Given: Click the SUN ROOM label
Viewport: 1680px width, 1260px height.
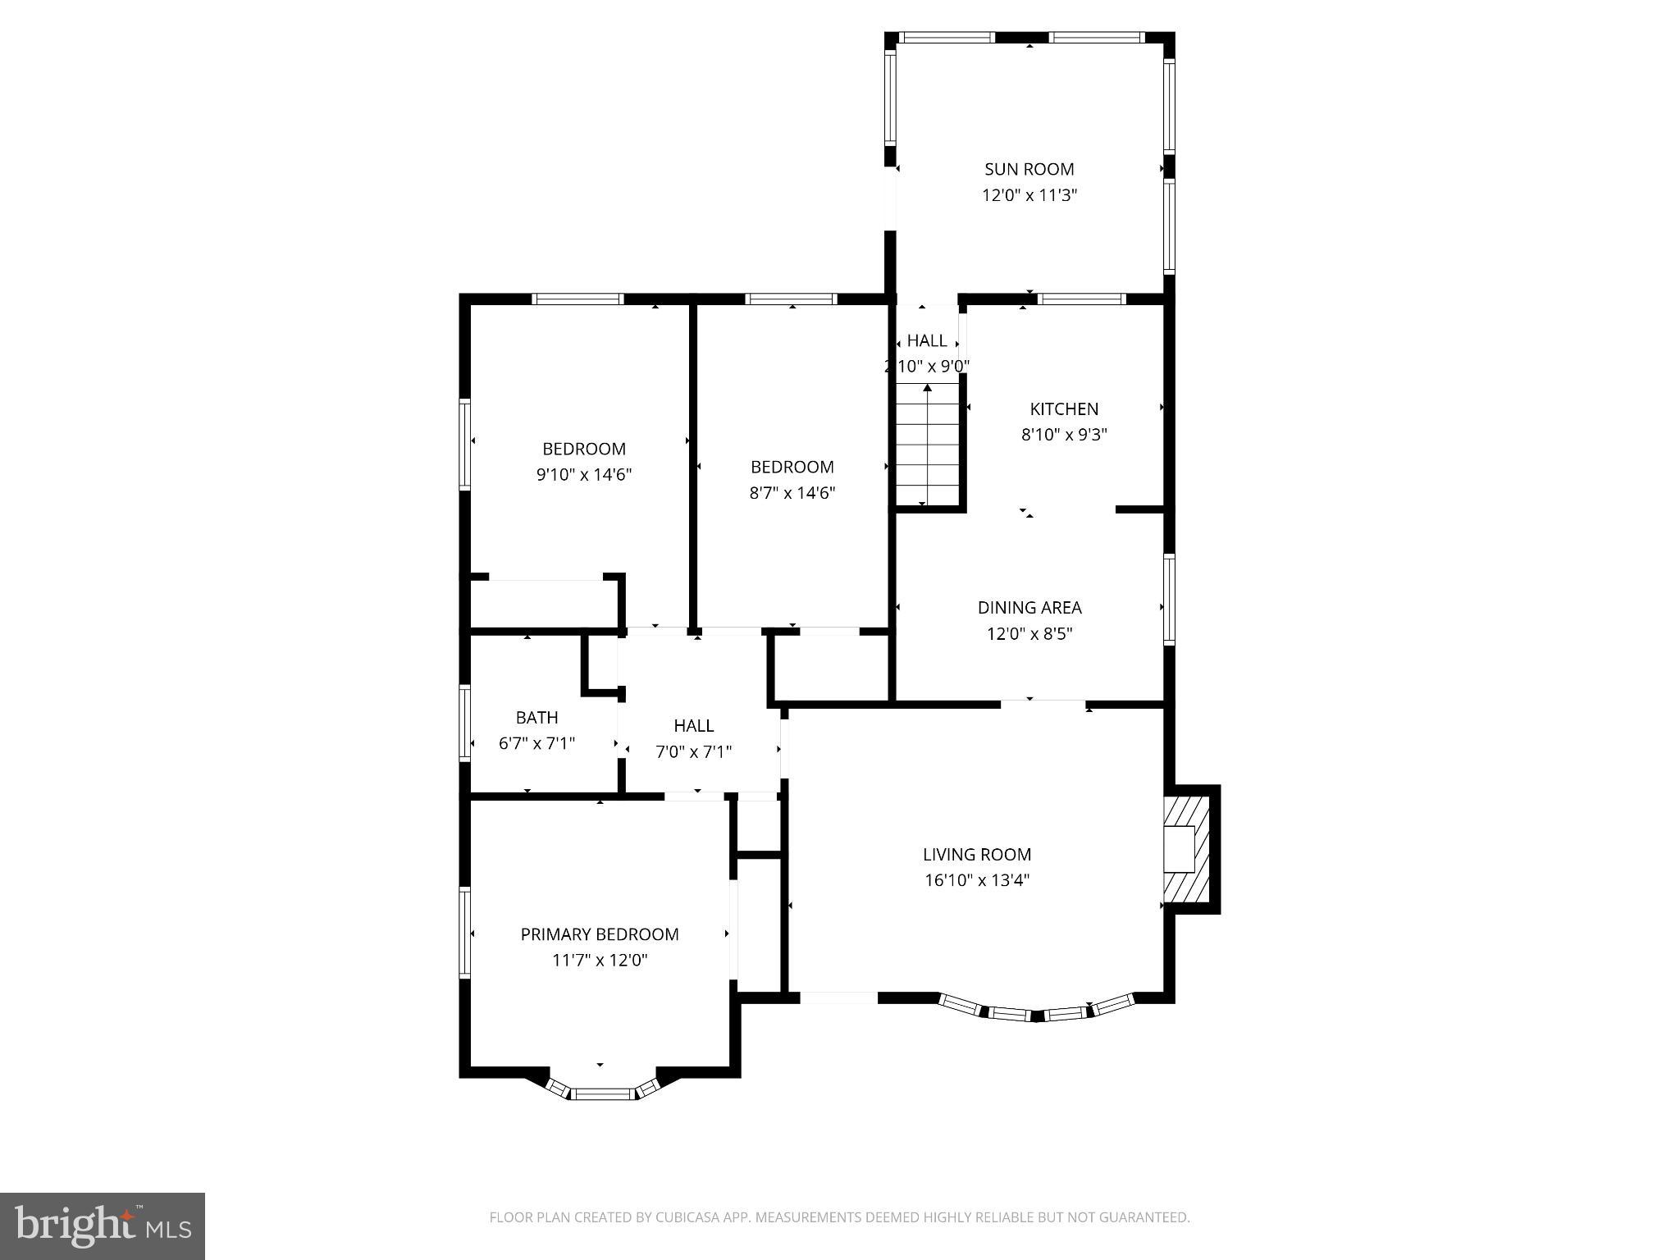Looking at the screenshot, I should [1029, 169].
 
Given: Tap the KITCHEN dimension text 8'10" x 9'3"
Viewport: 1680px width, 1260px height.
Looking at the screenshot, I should [1064, 435].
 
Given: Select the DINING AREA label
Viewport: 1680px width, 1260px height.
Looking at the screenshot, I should [1029, 607].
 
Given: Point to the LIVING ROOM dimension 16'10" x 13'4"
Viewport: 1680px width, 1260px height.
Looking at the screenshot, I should [976, 880].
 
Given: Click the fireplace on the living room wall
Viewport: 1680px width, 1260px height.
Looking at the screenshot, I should [1187, 849].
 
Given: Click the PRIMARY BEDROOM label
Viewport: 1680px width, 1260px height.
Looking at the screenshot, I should [600, 934].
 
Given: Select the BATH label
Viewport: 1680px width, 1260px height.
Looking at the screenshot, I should [536, 717].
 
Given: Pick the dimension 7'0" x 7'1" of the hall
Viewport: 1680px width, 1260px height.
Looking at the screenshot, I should [693, 751].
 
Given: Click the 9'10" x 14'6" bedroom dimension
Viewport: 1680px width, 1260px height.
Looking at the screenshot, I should [583, 474].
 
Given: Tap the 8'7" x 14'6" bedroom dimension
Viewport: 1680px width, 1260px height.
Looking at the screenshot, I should [792, 492].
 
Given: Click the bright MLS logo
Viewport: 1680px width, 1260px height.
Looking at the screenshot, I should [103, 1226].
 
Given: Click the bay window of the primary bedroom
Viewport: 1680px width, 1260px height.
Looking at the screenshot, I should [600, 1090].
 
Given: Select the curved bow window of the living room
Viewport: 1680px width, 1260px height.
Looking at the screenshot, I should [1035, 1011].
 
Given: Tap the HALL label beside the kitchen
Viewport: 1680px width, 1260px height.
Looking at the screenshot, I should [927, 340].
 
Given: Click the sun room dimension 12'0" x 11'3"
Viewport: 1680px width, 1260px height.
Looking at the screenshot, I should [1029, 195].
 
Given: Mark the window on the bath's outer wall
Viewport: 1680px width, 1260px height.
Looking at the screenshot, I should [465, 722].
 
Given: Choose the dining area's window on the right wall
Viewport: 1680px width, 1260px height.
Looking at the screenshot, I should [1169, 599].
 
